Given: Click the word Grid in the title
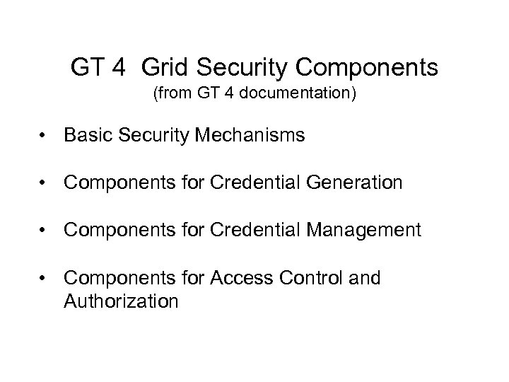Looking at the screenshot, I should [165, 68].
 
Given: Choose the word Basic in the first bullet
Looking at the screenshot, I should [84, 135].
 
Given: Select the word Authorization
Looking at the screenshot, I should [121, 302].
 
